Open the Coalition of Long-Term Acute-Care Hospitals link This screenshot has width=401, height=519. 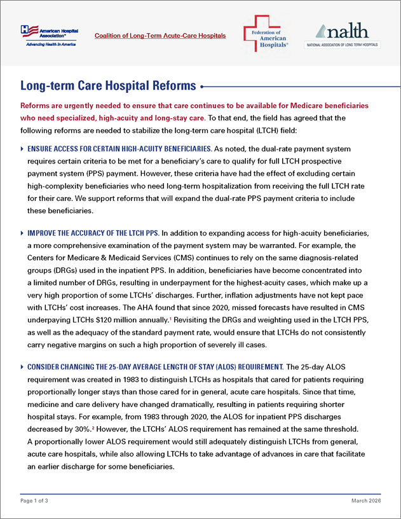[160, 36]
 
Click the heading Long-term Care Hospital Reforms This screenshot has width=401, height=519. [109, 86]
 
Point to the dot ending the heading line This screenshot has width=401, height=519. [202, 86]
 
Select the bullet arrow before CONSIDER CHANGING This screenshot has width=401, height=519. [24, 368]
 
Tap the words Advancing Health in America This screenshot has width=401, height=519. [51, 45]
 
